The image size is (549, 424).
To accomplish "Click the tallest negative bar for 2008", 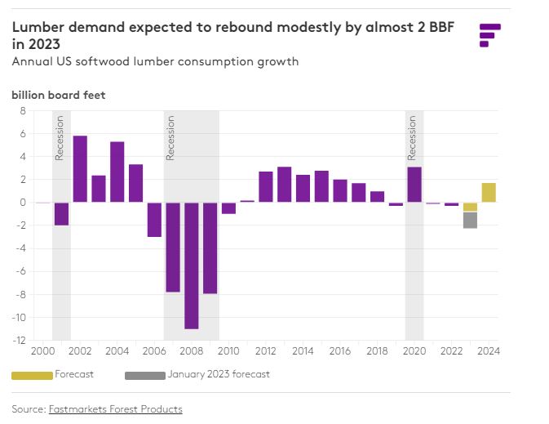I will [192, 266].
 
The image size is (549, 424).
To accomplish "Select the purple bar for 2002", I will [80, 169].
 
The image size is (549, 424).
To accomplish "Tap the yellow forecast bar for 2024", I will [489, 192].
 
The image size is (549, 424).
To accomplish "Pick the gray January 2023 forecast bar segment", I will [470, 220].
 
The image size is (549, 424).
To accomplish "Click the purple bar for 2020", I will [414, 185].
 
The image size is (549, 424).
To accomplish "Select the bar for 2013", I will [284, 185].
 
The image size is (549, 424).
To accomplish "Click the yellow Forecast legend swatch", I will [31, 375].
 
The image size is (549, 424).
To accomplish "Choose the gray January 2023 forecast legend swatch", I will [144, 375].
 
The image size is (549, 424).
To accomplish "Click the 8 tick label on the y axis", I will [23, 110].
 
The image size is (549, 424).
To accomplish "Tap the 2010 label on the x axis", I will [228, 351].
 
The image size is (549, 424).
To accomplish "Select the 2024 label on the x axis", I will [489, 351].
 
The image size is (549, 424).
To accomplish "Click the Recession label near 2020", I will [412, 137].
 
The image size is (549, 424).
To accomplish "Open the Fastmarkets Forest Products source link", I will [115, 409].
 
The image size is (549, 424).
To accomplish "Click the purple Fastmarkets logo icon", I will [489, 35].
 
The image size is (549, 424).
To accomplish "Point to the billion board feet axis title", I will [58, 95].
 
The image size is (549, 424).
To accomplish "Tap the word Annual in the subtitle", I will [32, 61].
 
